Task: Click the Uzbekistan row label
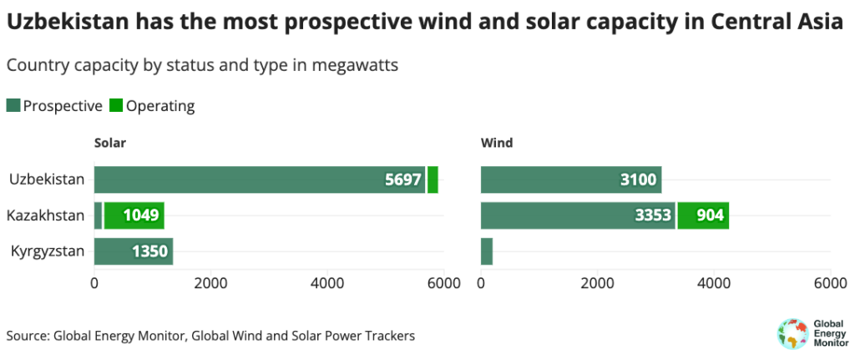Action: (x=47, y=180)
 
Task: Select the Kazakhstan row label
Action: (x=45, y=215)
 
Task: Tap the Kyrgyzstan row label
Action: (x=47, y=251)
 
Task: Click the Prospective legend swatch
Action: (x=13, y=106)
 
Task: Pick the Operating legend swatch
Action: (x=116, y=106)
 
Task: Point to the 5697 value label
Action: (x=403, y=180)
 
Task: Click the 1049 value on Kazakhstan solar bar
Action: (x=141, y=215)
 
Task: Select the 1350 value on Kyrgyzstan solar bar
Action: (x=150, y=251)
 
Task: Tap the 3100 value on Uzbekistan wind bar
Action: (x=639, y=180)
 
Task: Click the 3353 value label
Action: (x=653, y=215)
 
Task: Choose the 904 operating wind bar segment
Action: (x=703, y=215)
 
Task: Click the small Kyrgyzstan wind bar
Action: (x=487, y=251)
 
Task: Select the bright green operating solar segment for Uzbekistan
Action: (x=433, y=180)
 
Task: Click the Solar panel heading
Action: (x=109, y=143)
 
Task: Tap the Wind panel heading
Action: (x=497, y=143)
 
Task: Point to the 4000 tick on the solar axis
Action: (x=326, y=283)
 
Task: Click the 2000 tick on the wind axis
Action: (x=597, y=283)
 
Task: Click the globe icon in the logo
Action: (x=789, y=334)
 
